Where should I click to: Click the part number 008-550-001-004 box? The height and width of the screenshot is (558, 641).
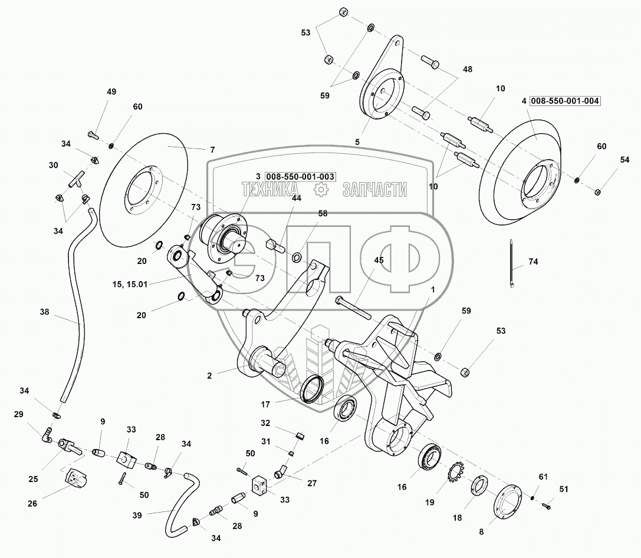564,101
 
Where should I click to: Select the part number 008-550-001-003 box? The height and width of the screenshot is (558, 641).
300,176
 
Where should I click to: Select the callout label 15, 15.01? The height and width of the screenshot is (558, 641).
130,284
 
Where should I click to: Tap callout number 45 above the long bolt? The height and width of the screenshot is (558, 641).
378,260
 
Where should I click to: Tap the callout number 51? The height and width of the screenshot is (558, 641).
564,488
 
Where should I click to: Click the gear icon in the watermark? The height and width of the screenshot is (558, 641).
320,189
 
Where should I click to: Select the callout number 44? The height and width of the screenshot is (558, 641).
297,199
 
